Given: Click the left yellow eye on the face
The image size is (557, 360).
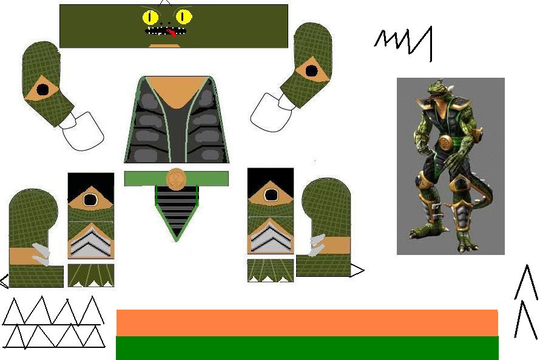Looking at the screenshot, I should point(150,17).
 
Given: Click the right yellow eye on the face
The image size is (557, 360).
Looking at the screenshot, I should point(183,17).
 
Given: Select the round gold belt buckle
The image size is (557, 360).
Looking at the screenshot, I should point(176,178).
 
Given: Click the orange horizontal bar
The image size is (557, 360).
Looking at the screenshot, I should point(306,322).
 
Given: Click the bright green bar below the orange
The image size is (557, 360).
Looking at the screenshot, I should point(306,348).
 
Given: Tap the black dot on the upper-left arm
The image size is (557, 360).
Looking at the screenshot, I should point(42,91).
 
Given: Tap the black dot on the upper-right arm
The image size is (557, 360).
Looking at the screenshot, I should point(311,70).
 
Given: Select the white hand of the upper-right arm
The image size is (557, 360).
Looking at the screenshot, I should point(271,112).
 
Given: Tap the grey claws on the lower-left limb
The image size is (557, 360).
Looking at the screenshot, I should point(40,254).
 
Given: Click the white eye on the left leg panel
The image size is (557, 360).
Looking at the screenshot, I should point(91,199).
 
